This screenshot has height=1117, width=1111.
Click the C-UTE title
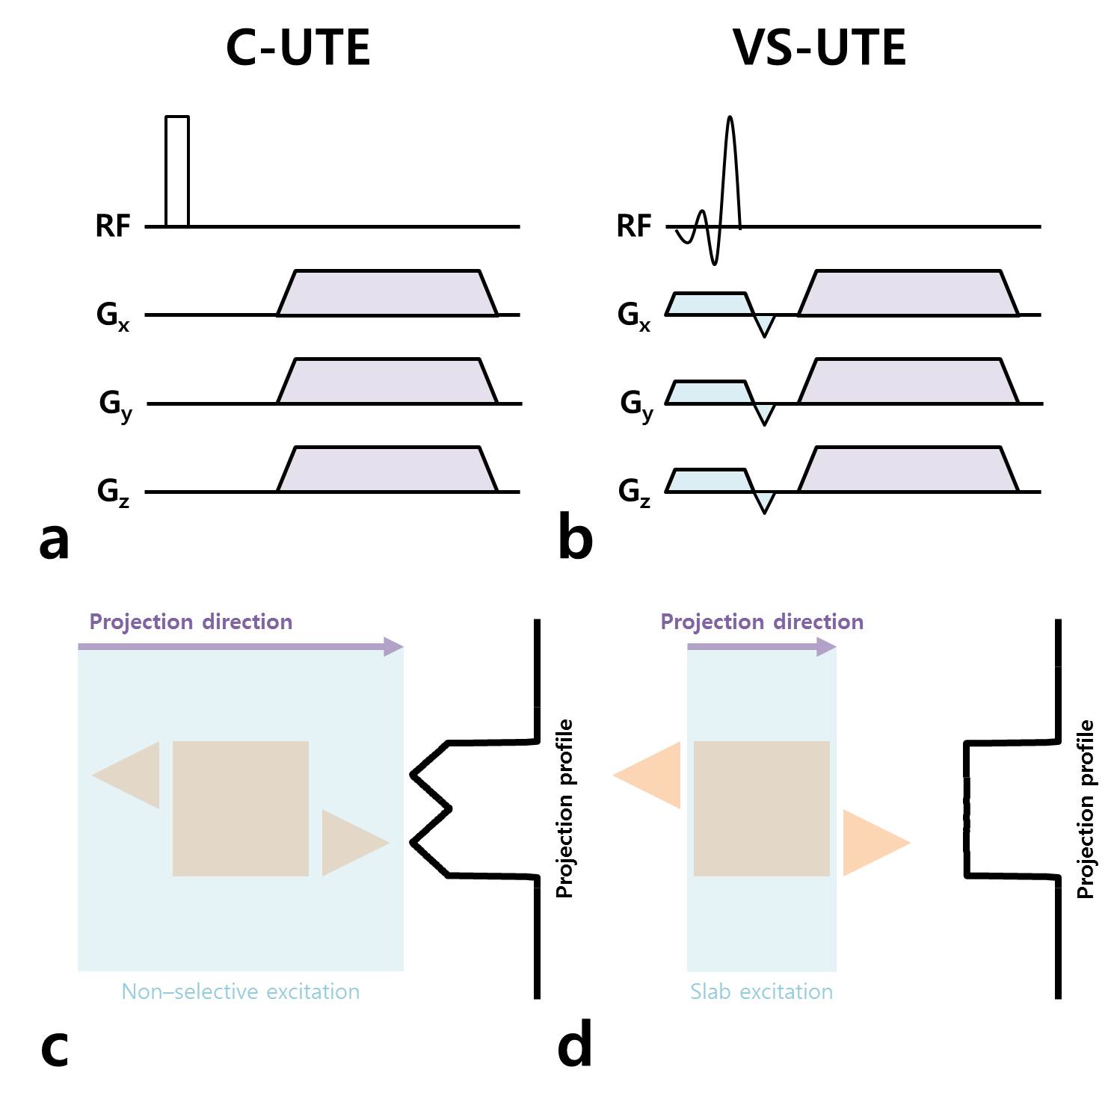(x=298, y=47)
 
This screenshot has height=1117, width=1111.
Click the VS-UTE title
(x=819, y=47)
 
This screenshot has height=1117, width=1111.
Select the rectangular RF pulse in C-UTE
(x=177, y=170)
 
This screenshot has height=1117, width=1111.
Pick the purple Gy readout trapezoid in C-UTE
(x=387, y=382)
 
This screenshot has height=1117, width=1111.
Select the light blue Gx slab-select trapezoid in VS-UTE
(x=707, y=304)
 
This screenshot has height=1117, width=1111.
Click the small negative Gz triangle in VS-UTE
(x=763, y=501)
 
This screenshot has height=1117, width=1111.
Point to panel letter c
(x=54, y=1048)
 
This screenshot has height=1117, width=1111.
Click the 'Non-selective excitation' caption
(x=240, y=991)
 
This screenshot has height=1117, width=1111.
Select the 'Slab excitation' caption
(x=761, y=991)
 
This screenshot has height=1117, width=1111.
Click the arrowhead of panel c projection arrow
(x=394, y=647)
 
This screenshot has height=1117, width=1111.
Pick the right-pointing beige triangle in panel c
(x=348, y=843)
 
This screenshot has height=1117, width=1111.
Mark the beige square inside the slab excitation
(x=761, y=808)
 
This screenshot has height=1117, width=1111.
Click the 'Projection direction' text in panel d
(x=762, y=622)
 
